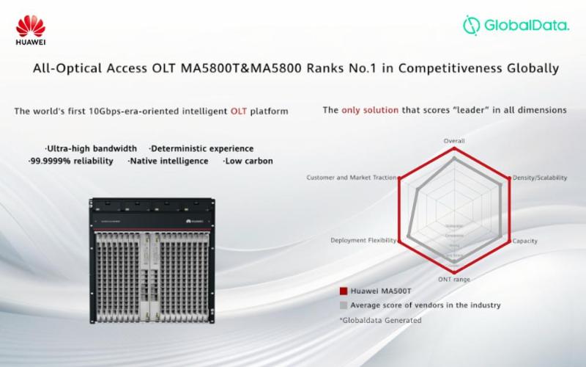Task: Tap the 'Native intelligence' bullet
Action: [x=168, y=161]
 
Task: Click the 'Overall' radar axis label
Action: [x=454, y=140]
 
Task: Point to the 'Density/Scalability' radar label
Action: [x=540, y=178]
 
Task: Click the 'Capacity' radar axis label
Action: [x=525, y=241]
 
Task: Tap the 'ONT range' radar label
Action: [x=454, y=280]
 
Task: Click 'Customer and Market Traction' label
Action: [x=351, y=178]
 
